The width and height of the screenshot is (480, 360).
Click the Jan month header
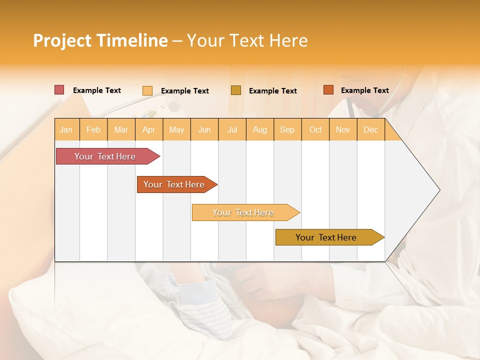pyautogui.click(x=66, y=129)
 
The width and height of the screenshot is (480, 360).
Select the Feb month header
pyautogui.click(x=93, y=129)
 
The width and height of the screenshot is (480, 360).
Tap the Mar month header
pyautogui.click(x=121, y=129)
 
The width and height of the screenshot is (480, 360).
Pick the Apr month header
pyautogui.click(x=149, y=129)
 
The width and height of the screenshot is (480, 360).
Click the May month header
pyautogui.click(x=176, y=129)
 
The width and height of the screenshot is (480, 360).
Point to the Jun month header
pyautogui.click(x=204, y=129)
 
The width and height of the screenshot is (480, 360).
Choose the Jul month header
pyautogui.click(x=232, y=129)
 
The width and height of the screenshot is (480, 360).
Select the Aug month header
pyautogui.click(x=260, y=129)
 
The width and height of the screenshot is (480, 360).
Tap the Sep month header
pyautogui.click(x=287, y=129)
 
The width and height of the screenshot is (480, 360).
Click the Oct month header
pyautogui.click(x=315, y=129)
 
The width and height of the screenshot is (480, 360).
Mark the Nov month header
pyautogui.click(x=343, y=129)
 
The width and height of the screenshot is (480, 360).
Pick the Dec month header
pyautogui.click(x=371, y=129)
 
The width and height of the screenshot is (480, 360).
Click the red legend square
pyautogui.click(x=59, y=90)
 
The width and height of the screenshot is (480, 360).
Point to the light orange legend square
pyautogui.click(x=147, y=90)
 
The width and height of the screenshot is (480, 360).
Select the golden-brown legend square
pyautogui.click(x=236, y=90)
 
